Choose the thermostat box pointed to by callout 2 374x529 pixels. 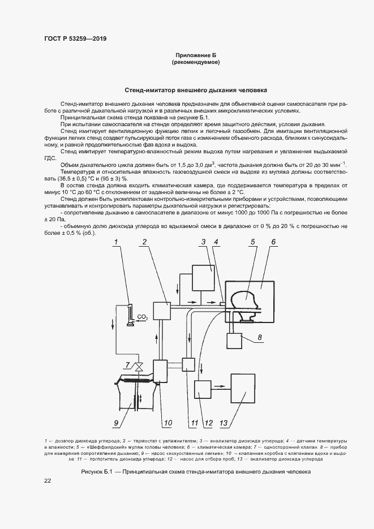[162, 311]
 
